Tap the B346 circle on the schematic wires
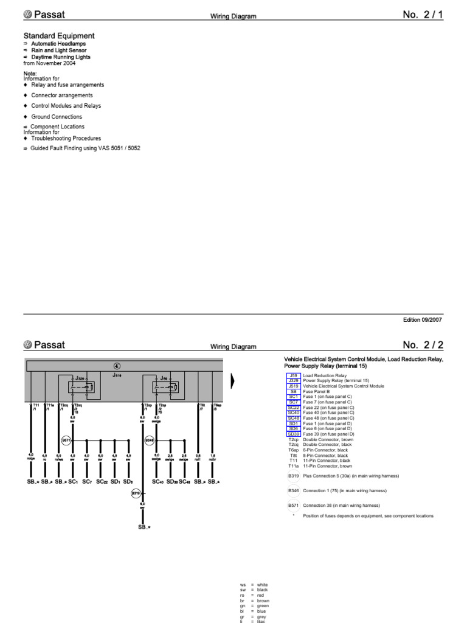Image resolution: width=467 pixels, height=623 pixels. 149,440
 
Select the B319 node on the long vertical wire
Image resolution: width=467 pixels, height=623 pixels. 136,493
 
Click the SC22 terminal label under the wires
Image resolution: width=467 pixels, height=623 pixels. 101,482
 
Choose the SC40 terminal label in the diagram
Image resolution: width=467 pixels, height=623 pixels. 157,482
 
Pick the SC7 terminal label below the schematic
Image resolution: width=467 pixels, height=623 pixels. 86,482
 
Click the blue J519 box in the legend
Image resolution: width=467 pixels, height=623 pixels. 293,386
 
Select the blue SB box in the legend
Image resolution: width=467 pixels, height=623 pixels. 293,392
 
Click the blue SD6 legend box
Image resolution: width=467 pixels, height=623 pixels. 293,429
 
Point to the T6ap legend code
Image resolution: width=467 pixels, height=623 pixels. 293,450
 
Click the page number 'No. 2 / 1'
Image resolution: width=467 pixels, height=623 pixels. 423,15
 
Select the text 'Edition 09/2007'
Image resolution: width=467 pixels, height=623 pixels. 423,319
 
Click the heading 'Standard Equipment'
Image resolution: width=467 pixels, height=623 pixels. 59,36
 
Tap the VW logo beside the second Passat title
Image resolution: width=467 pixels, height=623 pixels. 28,345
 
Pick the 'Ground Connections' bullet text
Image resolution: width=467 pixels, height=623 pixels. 57,117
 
